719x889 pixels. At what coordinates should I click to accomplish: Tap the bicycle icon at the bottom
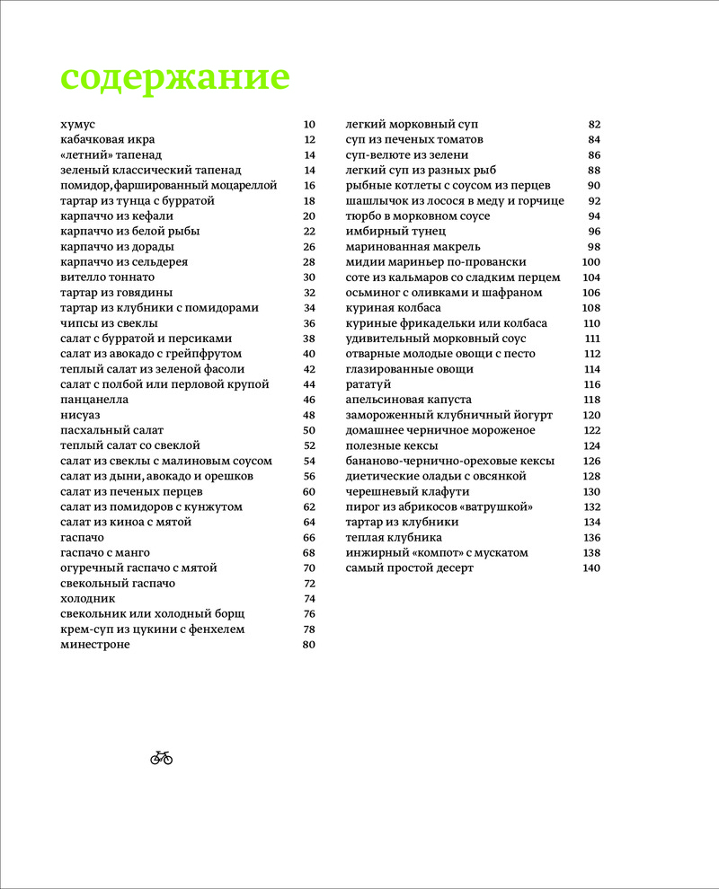click(161, 758)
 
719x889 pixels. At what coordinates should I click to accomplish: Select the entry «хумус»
click(77, 124)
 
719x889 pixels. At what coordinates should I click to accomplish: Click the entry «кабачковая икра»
click(107, 139)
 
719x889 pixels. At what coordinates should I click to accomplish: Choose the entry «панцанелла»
click(94, 399)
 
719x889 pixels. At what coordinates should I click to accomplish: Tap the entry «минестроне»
click(94, 644)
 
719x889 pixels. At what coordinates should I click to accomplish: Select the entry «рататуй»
click(370, 383)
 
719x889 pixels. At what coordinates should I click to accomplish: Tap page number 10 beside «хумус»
click(310, 124)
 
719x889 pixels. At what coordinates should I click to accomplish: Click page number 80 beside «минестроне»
click(310, 644)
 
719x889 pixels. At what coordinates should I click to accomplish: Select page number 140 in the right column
click(590, 568)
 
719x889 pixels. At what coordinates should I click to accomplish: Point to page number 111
click(592, 338)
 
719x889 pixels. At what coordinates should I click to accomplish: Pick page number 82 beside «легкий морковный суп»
click(593, 124)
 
